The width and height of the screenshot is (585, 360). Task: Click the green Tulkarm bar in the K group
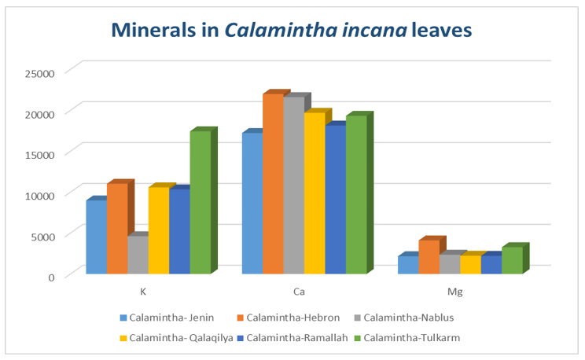(x=201, y=203)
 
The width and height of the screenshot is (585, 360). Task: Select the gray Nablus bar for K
(x=138, y=255)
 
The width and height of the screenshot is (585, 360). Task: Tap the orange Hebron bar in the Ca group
(x=272, y=184)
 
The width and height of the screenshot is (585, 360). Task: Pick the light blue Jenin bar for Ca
(x=252, y=204)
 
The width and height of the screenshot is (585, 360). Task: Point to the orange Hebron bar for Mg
(x=429, y=257)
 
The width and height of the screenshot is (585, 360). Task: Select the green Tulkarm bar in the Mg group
(x=512, y=260)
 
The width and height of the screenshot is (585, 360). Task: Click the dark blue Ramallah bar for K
(x=179, y=232)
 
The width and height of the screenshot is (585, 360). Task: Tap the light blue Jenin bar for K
(x=96, y=237)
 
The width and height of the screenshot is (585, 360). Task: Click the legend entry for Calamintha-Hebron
(x=280, y=318)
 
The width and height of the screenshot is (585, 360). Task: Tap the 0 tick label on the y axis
(x=50, y=276)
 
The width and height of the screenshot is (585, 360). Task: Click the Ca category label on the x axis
(x=299, y=292)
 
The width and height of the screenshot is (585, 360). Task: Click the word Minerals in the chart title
(x=156, y=30)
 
